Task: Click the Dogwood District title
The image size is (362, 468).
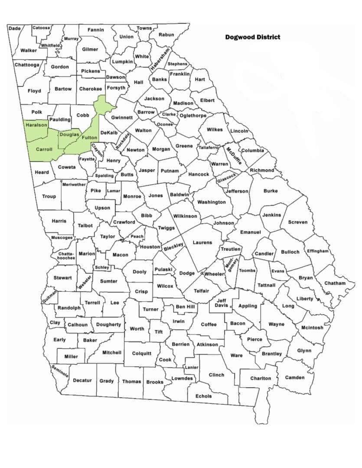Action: pos(252,37)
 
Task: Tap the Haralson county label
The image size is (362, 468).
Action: pos(36,125)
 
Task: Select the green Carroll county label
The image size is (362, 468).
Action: pos(44,149)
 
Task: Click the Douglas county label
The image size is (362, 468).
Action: pos(69,135)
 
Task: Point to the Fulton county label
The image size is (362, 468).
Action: pos(89,138)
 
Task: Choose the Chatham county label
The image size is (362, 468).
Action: pos(335,283)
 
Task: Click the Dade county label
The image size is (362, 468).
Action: pos(14,28)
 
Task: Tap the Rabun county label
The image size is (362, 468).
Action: pos(166,35)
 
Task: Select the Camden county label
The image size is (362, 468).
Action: pos(295,377)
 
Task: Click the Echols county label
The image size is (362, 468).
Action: pos(204,396)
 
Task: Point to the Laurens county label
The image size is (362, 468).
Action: pos(202,243)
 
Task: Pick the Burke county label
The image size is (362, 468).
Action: pos(271,191)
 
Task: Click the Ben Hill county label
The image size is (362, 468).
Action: pos(186,307)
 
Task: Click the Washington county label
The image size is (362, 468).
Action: pos(212,202)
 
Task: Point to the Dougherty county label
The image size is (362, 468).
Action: pos(109,325)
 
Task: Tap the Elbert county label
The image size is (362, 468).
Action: pos(208,100)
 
